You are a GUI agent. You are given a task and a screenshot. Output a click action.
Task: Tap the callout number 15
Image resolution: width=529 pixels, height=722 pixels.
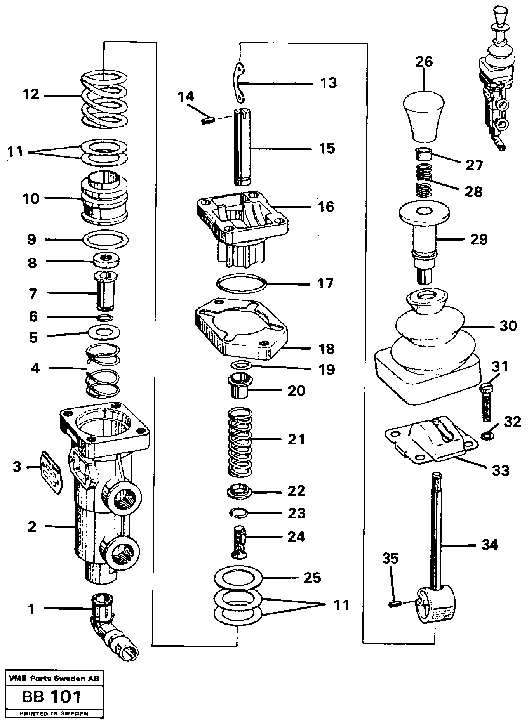(x=327, y=148)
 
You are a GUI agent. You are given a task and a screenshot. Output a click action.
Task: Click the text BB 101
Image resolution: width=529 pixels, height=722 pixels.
(x=52, y=697)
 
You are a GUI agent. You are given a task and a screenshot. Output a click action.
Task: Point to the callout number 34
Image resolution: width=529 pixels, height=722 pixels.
(x=490, y=545)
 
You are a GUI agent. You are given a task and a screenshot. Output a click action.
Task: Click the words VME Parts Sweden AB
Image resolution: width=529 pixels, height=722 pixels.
(x=52, y=679)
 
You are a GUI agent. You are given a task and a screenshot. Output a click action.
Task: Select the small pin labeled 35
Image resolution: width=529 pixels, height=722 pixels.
(x=394, y=604)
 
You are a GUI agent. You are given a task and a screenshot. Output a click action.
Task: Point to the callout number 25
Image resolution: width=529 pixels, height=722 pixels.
(x=312, y=577)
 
